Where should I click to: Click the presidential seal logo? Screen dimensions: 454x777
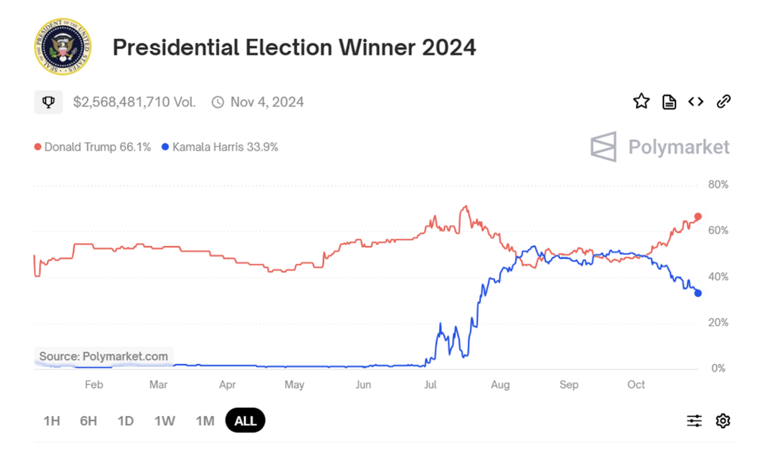click(62, 47)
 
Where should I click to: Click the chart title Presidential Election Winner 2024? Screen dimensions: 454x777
click(294, 47)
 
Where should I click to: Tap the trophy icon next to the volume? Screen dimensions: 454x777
click(49, 102)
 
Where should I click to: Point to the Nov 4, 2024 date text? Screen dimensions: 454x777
click(267, 102)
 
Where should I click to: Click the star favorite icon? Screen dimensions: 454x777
click(641, 101)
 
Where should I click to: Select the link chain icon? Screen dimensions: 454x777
click(723, 101)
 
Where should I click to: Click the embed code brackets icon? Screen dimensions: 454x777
click(696, 101)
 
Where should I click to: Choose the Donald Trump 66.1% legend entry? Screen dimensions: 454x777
click(93, 147)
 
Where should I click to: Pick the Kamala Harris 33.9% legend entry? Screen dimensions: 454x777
click(220, 147)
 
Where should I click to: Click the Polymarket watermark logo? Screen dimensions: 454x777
click(660, 147)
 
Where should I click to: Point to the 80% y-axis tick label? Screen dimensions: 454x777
click(718, 185)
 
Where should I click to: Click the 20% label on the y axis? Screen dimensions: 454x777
click(718, 323)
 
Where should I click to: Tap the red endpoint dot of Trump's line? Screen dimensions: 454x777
click(698, 217)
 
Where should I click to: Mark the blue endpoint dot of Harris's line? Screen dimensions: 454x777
click(698, 293)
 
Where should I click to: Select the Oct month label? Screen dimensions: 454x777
click(636, 385)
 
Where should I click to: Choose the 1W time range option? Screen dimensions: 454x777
click(165, 421)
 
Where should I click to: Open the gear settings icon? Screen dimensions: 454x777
click(723, 421)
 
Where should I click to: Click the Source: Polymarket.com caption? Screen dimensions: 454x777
click(103, 356)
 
